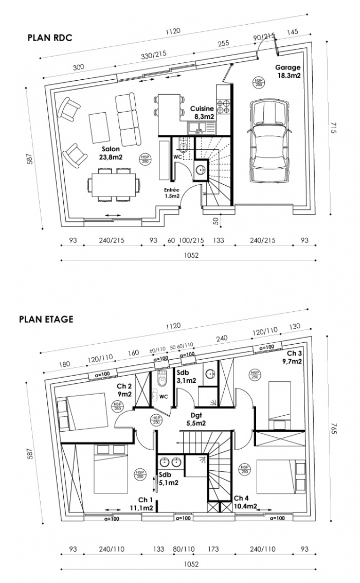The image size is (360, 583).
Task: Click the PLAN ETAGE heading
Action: tap(46, 319)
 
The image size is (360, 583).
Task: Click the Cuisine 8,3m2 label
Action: tap(202, 113)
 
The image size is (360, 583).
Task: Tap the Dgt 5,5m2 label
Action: tap(196, 419)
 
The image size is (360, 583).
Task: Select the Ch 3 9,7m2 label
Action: tap(294, 357)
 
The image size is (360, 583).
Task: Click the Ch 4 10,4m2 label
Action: tap(245, 502)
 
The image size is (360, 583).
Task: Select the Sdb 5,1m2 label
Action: tap(169, 479)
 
